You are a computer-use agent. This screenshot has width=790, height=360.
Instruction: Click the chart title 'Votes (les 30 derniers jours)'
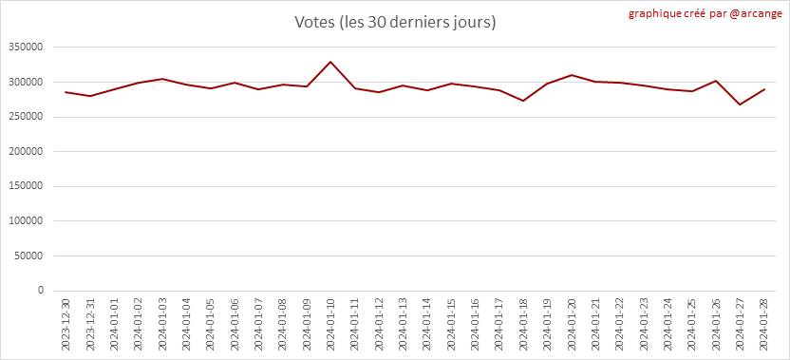click(396, 23)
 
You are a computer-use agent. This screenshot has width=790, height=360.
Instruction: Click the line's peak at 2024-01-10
click(330, 62)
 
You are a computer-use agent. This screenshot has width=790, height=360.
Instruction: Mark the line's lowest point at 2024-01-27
click(740, 104)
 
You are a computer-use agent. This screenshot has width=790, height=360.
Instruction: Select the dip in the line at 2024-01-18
click(523, 101)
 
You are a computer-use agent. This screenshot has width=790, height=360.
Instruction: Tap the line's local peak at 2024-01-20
click(572, 75)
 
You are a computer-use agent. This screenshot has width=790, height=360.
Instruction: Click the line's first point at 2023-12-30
click(66, 92)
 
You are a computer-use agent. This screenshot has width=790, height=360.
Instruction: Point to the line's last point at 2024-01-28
click(764, 89)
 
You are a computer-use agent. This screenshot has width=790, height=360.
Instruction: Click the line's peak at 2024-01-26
click(716, 81)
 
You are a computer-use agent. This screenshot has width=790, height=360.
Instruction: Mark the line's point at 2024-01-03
click(162, 79)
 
